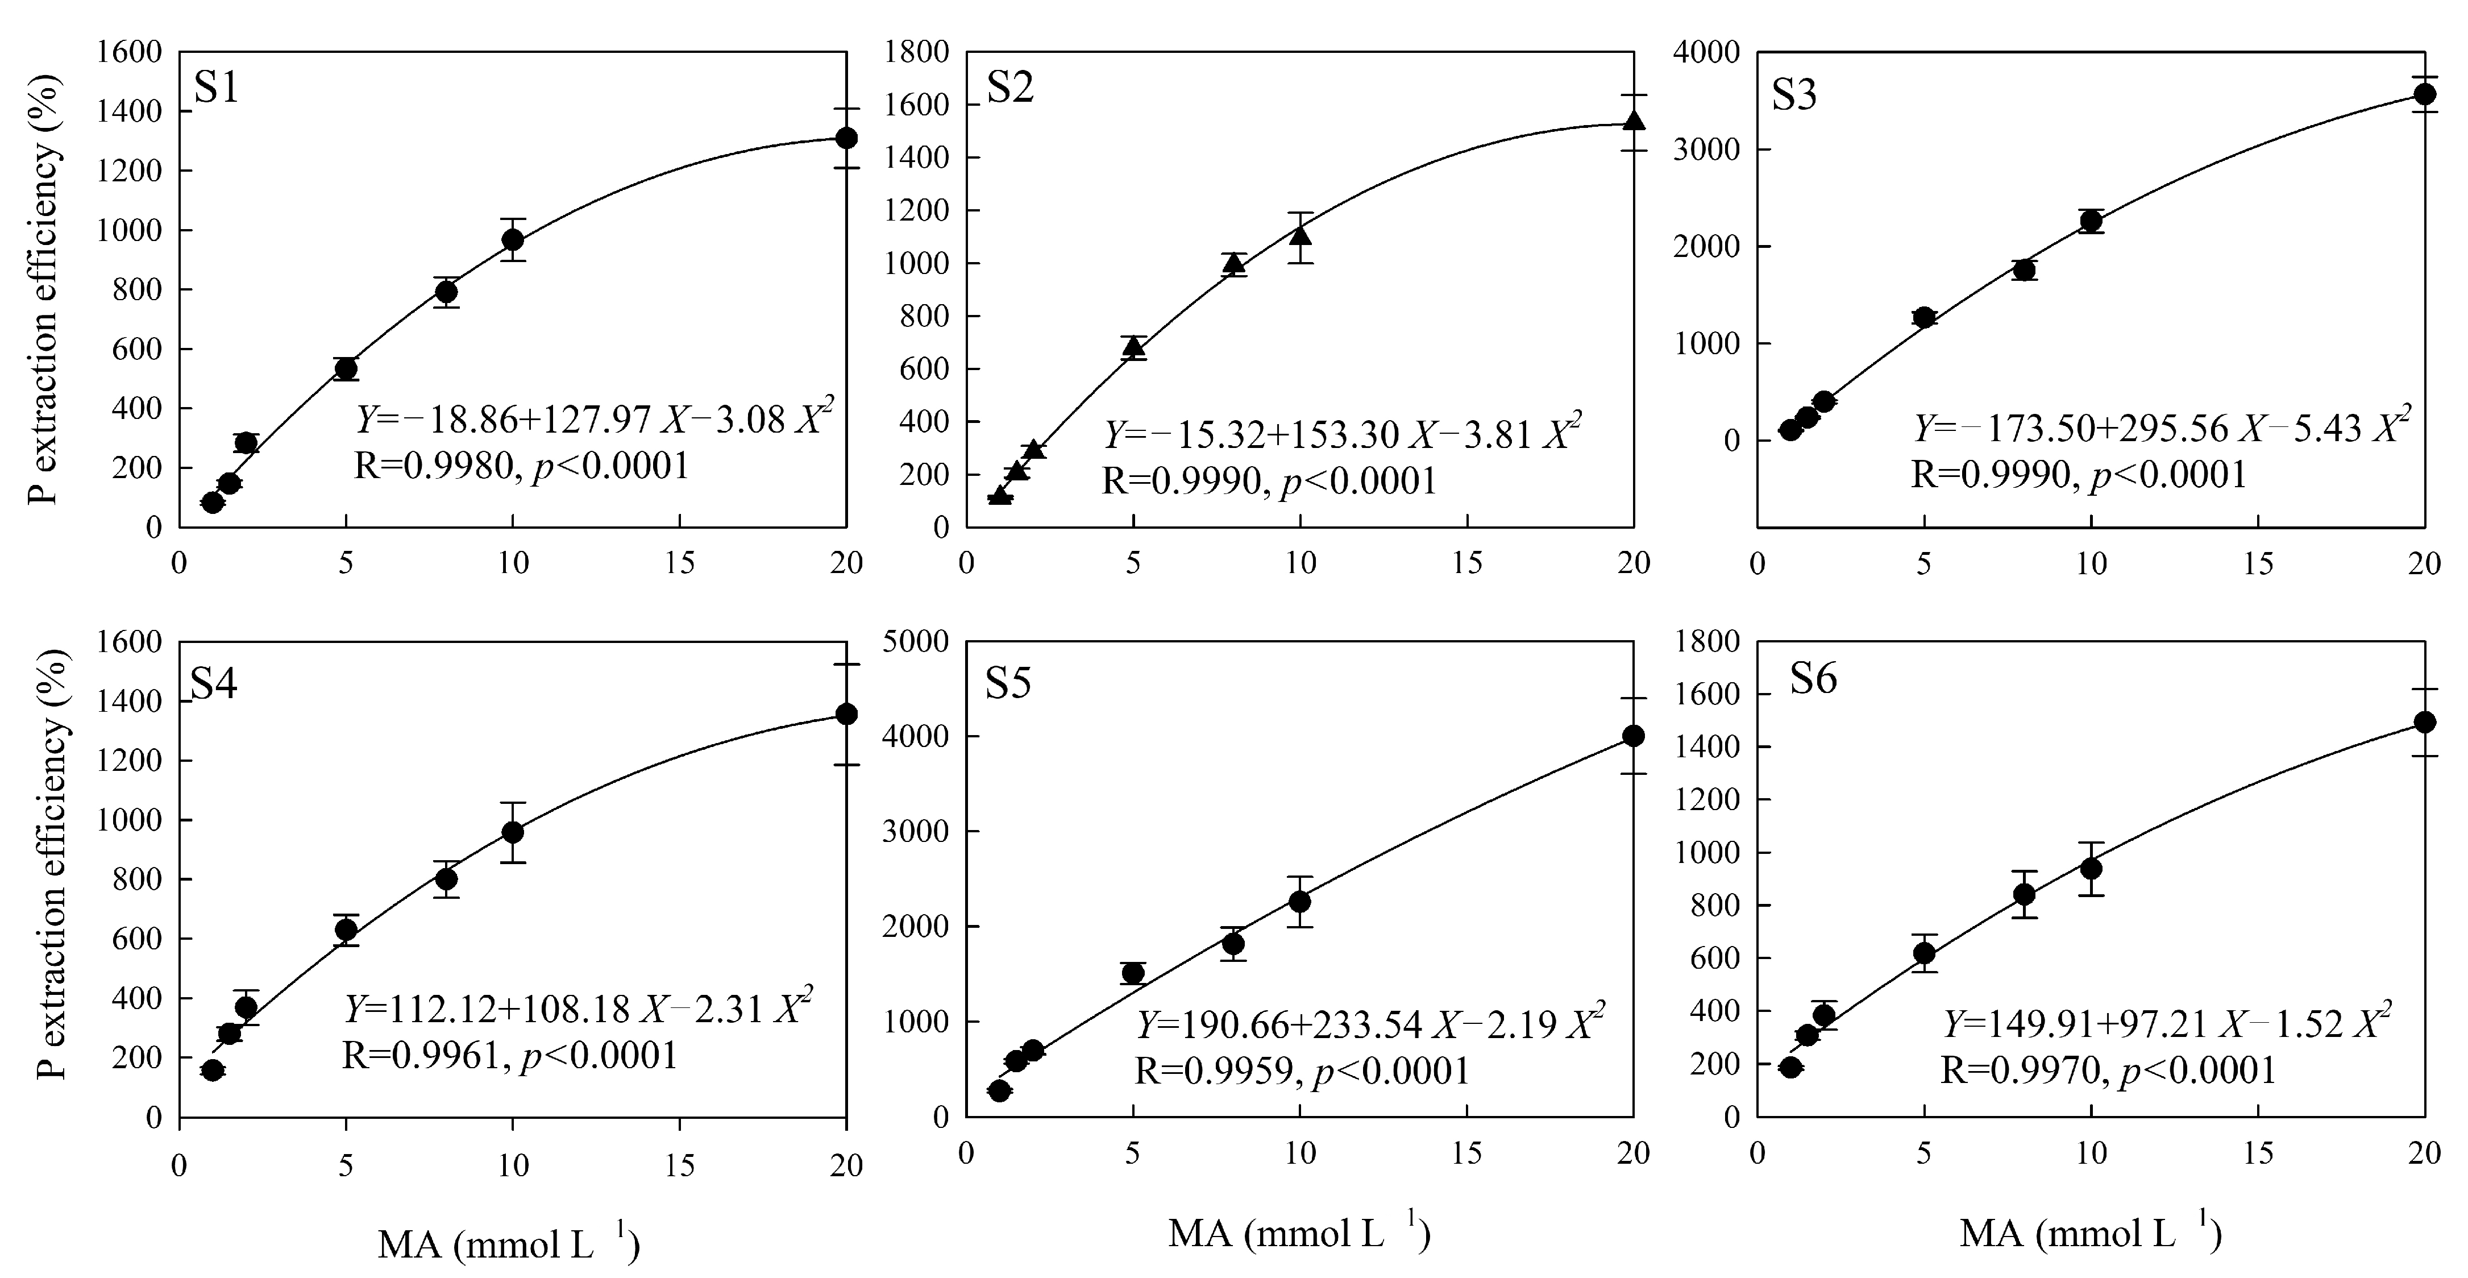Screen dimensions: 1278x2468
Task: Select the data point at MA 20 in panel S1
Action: (x=846, y=138)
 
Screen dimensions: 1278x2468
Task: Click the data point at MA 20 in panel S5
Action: (x=1634, y=736)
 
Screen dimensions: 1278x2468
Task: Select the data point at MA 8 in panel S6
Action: (x=2025, y=894)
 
